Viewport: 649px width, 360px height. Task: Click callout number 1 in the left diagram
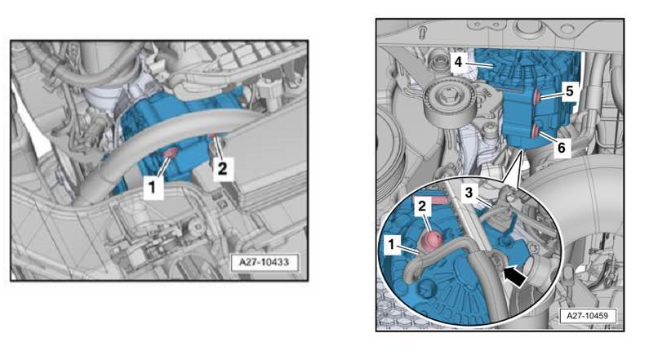153,188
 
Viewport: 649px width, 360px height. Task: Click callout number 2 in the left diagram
223,168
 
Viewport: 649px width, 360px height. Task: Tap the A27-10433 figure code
264,262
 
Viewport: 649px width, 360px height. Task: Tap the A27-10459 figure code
587,316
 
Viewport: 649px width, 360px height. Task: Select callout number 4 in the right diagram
458,62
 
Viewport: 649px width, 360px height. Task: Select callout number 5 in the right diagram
570,91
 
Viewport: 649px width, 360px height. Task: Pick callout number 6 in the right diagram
562,147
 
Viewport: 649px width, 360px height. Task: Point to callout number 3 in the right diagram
469,193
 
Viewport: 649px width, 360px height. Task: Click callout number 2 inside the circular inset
422,206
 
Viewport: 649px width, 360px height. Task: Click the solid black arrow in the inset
514,276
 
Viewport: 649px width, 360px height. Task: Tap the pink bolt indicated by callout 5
536,96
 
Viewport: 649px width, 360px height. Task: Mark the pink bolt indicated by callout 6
535,132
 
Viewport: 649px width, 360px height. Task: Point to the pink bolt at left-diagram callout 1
171,153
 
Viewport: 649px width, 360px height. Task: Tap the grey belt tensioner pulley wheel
448,102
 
